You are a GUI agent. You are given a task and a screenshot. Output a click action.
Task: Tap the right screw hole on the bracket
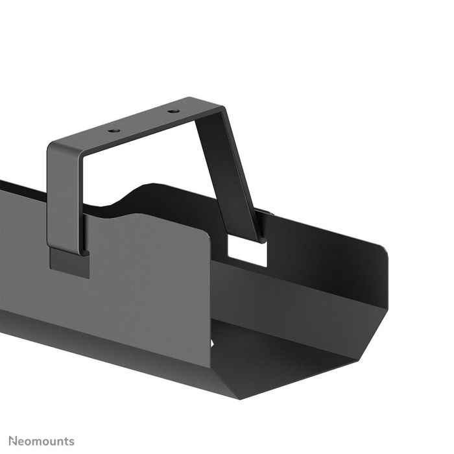173,111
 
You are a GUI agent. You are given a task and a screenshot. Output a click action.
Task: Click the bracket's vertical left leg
65,195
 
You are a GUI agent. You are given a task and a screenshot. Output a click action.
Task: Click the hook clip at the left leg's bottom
69,263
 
